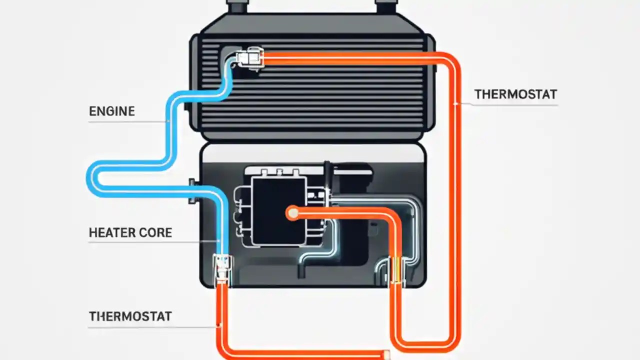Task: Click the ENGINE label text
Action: (x=111, y=111)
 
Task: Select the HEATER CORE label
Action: (x=130, y=232)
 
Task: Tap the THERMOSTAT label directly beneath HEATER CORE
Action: (x=130, y=316)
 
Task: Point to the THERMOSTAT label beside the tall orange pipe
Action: (x=515, y=94)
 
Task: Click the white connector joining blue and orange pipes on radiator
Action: (x=249, y=58)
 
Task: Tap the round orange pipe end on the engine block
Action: (x=292, y=213)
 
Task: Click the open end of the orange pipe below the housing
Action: (x=386, y=354)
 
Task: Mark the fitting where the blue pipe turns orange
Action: (x=221, y=270)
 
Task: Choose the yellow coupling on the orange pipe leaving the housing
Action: (x=395, y=270)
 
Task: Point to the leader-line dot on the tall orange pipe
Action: (x=455, y=103)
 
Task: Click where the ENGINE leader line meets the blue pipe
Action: (x=168, y=121)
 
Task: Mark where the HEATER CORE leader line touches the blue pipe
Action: (x=219, y=241)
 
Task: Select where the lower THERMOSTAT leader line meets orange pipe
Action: (x=219, y=326)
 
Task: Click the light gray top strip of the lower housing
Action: (x=312, y=153)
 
